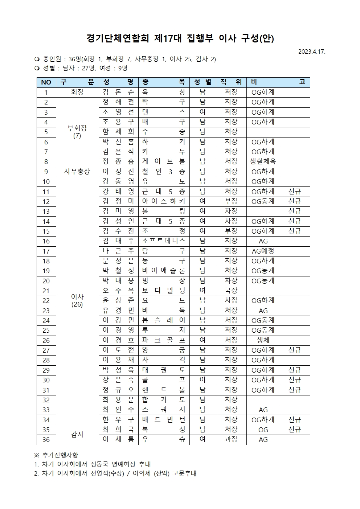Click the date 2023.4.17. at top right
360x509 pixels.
coord(312,52)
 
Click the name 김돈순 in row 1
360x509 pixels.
coord(118,92)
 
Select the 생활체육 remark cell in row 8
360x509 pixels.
coord(263,161)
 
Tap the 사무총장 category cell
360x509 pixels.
coord(77,172)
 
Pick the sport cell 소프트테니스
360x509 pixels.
coord(164,241)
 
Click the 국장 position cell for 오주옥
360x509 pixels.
coord(231,291)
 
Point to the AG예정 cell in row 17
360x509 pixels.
coord(263,251)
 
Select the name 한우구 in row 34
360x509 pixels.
coord(118,420)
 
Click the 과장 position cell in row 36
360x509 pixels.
coord(231,439)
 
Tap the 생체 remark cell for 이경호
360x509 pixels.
coord(263,340)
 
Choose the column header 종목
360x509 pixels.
coord(164,82)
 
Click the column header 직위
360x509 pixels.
coord(231,82)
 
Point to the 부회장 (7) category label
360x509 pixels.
coord(77,132)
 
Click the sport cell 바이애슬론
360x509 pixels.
coord(164,271)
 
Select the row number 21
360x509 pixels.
coord(46,291)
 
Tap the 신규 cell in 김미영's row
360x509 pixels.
coord(295,211)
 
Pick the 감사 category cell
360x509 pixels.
coord(77,434)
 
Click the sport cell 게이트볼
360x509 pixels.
coord(164,161)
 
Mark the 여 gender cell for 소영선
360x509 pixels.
coord(202,112)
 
